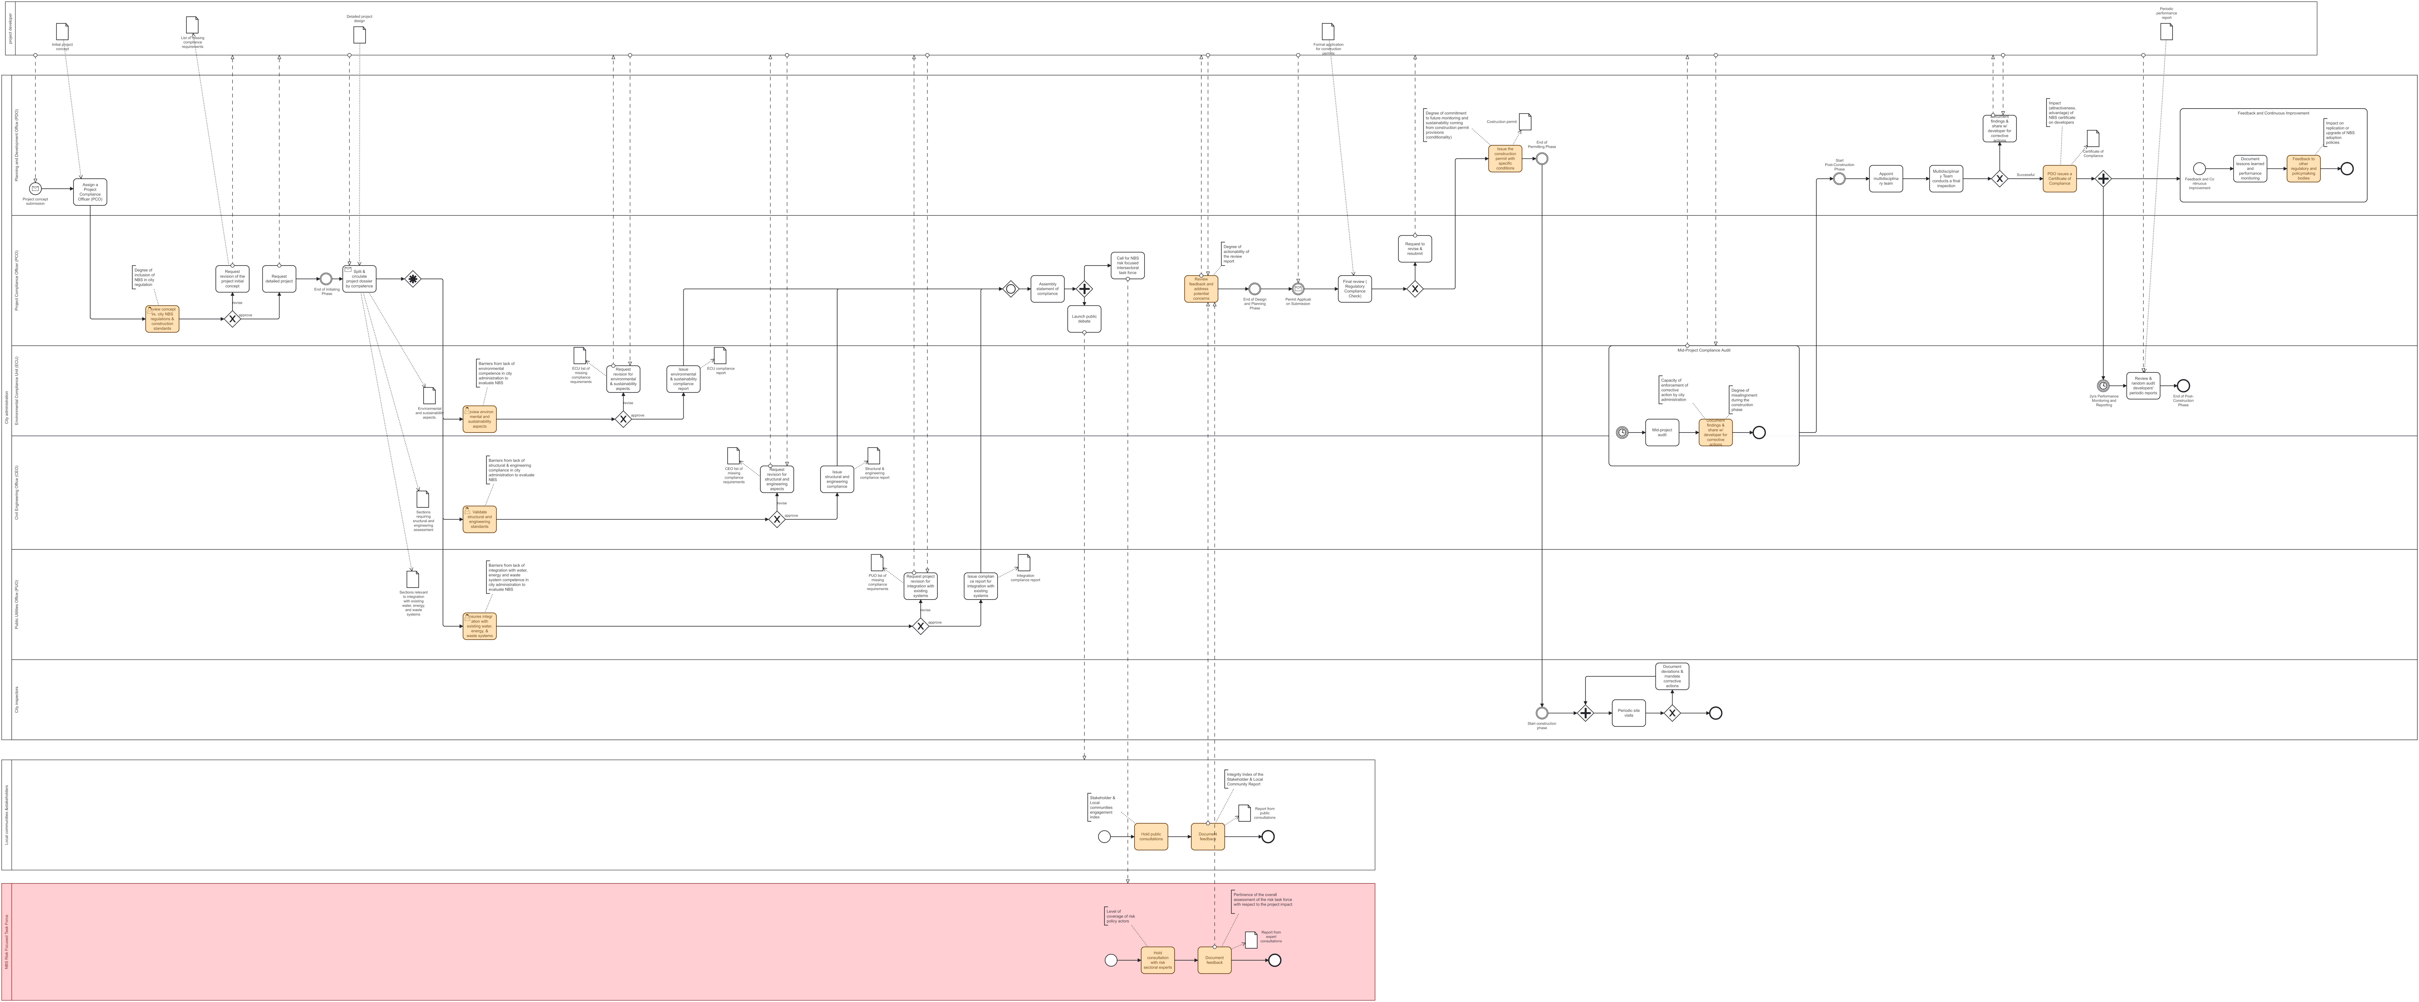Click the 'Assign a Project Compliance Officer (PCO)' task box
90,192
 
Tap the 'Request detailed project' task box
279,279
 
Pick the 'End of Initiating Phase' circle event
326,279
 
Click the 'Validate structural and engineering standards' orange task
480,519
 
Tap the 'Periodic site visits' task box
1628,713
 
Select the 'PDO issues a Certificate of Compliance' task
2059,178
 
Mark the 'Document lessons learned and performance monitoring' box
2250,169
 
